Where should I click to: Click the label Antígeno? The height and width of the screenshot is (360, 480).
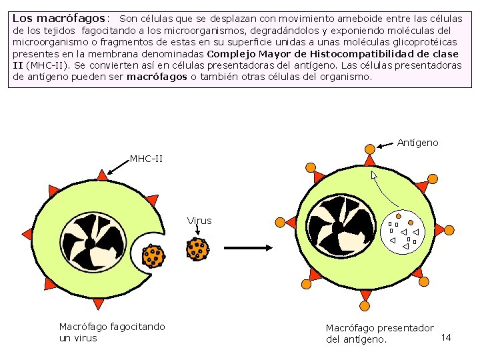tap(417, 143)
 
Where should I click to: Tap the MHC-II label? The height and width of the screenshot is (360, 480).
tap(146, 159)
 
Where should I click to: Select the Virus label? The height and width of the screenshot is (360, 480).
tap(199, 221)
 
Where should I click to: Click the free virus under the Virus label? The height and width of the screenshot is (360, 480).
tap(198, 249)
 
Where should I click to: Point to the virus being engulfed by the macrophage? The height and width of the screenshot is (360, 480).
tap(153, 255)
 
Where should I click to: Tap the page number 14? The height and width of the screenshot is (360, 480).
tap(446, 337)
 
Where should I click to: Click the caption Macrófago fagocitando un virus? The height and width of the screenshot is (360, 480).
tap(112, 332)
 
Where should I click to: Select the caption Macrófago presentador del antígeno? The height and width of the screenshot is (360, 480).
tap(379, 333)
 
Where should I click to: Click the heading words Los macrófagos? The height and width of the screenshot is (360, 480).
tap(59, 19)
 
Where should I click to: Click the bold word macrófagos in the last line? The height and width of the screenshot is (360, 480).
tap(157, 77)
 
